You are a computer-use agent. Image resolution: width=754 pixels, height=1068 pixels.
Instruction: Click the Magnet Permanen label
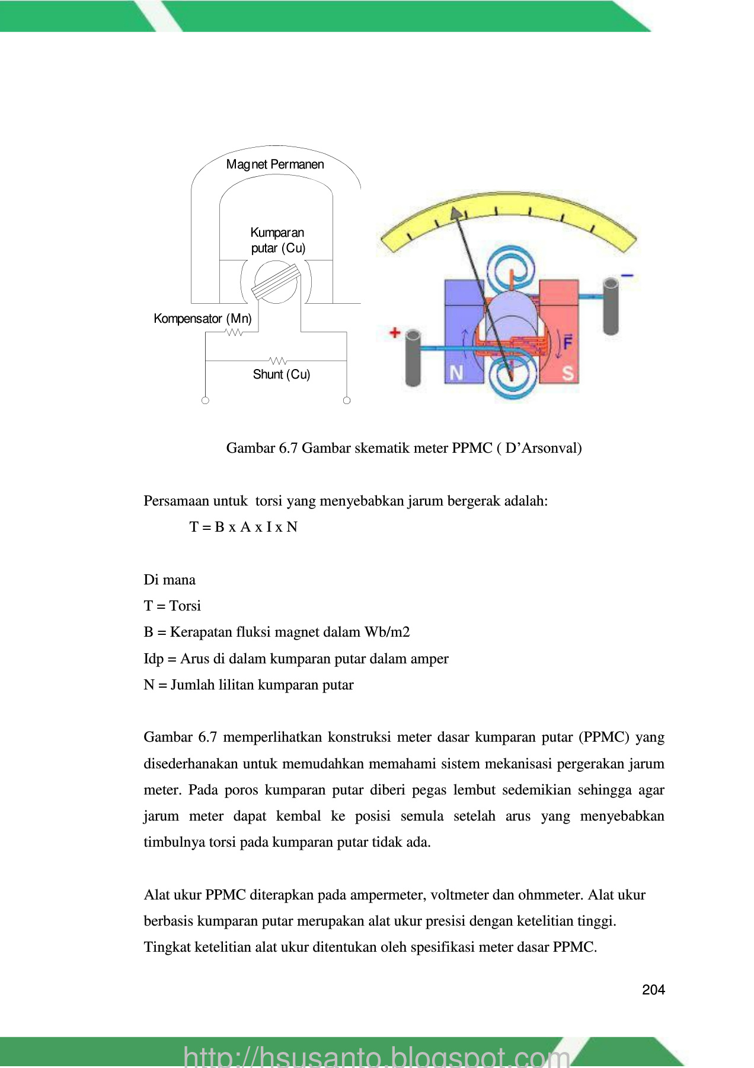point(275,164)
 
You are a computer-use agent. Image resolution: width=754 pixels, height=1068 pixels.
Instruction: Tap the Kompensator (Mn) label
point(202,319)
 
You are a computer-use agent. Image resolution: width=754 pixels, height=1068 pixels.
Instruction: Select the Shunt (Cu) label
point(282,374)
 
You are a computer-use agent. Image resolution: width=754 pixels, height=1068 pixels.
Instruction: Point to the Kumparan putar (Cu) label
point(277,240)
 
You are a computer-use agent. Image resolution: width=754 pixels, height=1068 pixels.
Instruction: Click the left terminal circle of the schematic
point(205,401)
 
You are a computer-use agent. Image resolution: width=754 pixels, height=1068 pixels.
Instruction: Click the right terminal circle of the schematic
point(347,401)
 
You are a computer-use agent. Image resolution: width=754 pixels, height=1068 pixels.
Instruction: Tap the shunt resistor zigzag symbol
point(278,361)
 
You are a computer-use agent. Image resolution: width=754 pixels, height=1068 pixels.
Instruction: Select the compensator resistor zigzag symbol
point(235,332)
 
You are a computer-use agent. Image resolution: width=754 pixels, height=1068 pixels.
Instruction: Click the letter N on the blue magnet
point(456,373)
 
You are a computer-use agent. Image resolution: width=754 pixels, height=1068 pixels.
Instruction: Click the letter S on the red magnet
point(567,373)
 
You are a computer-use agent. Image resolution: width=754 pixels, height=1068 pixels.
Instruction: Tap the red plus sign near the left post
point(395,333)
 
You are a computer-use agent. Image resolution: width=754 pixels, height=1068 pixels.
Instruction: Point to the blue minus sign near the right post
point(627,275)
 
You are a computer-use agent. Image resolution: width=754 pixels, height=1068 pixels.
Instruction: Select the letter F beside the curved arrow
point(567,342)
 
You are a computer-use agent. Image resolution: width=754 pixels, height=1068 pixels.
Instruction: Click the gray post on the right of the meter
point(611,306)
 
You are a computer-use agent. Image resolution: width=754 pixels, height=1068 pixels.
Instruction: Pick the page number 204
point(653,990)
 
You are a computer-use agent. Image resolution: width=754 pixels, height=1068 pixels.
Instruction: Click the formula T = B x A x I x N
point(243,527)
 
